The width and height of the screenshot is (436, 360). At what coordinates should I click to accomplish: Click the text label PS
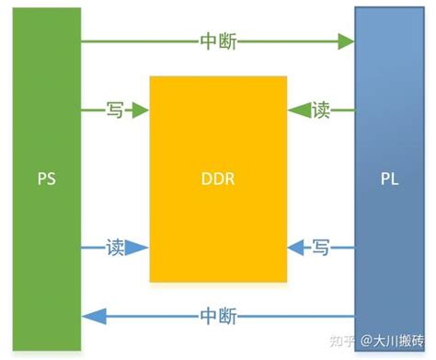[x=46, y=179]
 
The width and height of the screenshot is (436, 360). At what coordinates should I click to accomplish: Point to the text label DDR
[x=217, y=179]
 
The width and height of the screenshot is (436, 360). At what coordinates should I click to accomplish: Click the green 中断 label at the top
[x=218, y=41]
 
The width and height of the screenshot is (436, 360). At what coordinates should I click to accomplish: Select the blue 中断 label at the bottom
[x=218, y=317]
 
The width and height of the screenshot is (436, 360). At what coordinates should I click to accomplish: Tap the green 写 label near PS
[x=115, y=110]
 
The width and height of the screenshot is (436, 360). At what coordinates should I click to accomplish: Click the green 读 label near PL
[x=320, y=110]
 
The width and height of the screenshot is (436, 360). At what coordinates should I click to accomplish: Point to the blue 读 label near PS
[x=115, y=247]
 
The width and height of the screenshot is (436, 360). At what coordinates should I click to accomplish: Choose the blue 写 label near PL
[x=320, y=247]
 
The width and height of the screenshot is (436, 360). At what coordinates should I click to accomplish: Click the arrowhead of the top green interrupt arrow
[x=347, y=41]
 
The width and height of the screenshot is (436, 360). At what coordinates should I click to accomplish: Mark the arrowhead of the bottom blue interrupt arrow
[x=89, y=317]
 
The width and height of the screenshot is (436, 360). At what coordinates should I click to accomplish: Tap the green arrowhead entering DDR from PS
[x=140, y=110]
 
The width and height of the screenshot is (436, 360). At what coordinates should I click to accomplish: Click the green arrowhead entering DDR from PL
[x=294, y=110]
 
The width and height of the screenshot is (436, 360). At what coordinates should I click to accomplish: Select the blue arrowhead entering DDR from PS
[x=140, y=247]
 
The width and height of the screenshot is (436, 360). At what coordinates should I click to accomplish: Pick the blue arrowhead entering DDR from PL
[x=294, y=247]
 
